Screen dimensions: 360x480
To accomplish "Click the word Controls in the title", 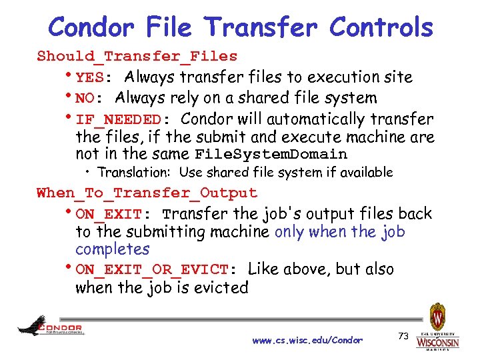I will coord(381,27).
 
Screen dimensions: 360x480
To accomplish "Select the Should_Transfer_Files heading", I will coord(137,56).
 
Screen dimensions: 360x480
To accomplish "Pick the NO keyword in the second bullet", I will coord(85,99).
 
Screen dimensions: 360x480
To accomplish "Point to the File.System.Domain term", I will coord(271,155).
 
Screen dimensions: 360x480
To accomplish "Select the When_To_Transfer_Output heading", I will coord(147,193).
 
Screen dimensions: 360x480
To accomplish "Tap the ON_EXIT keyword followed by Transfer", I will coord(109,215).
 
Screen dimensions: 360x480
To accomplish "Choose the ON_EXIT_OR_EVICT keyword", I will coord(152,270).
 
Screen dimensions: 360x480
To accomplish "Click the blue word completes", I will coord(113,249).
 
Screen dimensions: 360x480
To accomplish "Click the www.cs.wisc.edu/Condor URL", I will coord(307,340).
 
